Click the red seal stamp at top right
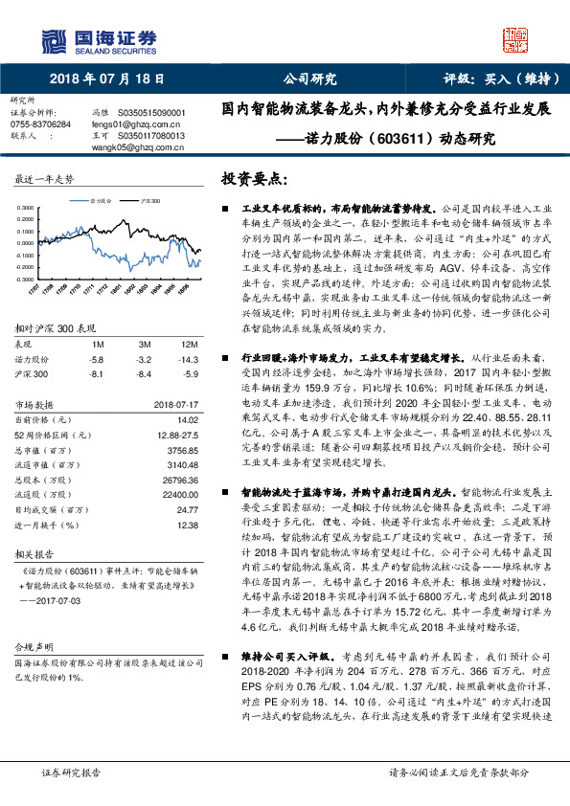point(514,39)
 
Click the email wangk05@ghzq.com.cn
point(131,147)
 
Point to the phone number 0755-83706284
point(40,124)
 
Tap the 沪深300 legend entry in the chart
point(148,202)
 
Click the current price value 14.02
point(186,419)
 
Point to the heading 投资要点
point(256,179)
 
